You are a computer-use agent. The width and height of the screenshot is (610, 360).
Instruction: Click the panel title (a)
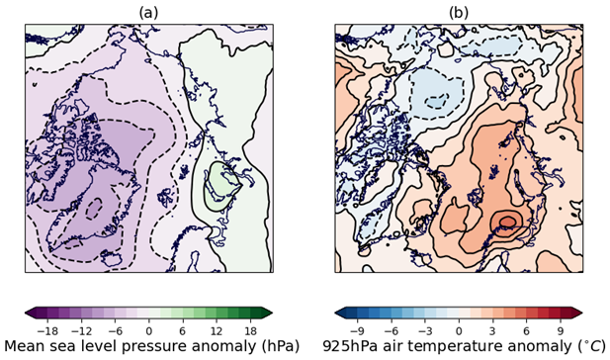[148, 12]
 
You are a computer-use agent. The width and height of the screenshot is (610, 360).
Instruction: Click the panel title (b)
[459, 12]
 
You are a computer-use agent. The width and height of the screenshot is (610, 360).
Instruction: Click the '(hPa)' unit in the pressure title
[270, 346]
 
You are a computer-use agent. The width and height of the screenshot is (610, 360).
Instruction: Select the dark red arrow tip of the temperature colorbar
[579, 313]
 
